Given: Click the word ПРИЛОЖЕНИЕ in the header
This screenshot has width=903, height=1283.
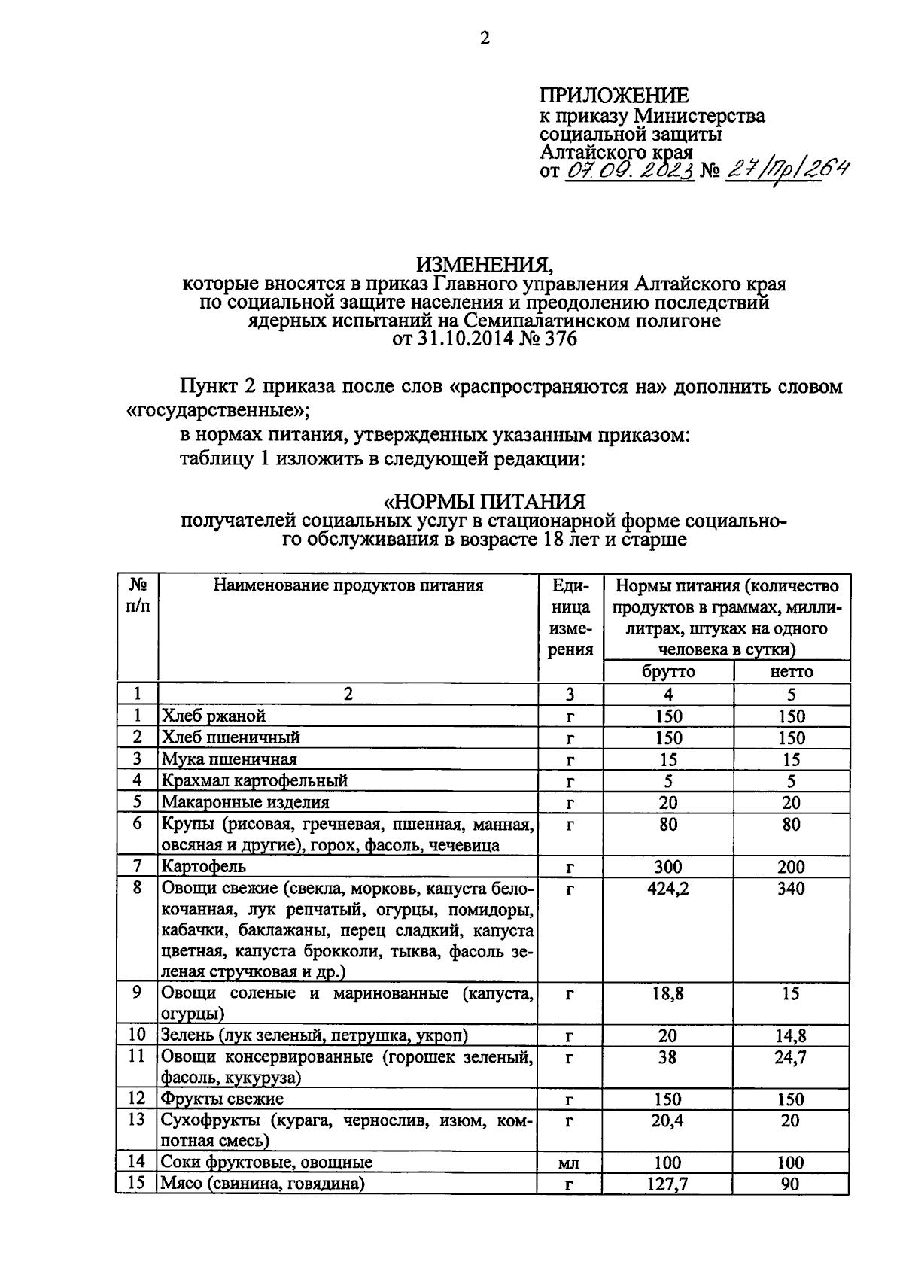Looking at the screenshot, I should (x=613, y=96).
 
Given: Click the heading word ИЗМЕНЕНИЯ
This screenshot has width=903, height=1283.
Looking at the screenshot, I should (x=485, y=265).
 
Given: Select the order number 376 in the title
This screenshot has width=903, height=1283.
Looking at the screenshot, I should (x=561, y=339).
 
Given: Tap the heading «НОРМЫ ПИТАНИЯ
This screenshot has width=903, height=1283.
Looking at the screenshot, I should (x=485, y=501).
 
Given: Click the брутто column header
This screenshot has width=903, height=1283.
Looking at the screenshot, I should (x=668, y=671).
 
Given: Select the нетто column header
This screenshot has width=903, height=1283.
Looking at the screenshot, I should (x=792, y=671).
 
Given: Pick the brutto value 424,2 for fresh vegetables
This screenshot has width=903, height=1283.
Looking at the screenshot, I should (x=668, y=889).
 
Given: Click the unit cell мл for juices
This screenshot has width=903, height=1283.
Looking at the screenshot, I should (x=570, y=1163).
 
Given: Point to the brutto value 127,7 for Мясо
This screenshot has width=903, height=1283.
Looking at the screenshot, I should (x=668, y=1184).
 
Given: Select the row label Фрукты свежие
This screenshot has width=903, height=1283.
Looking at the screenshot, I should (x=223, y=1099).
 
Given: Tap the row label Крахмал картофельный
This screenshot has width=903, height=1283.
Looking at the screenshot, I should (x=254, y=780).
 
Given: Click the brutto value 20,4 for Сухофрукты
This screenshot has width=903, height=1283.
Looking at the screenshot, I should (x=668, y=1121).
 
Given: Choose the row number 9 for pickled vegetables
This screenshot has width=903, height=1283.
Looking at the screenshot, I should (x=137, y=993).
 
